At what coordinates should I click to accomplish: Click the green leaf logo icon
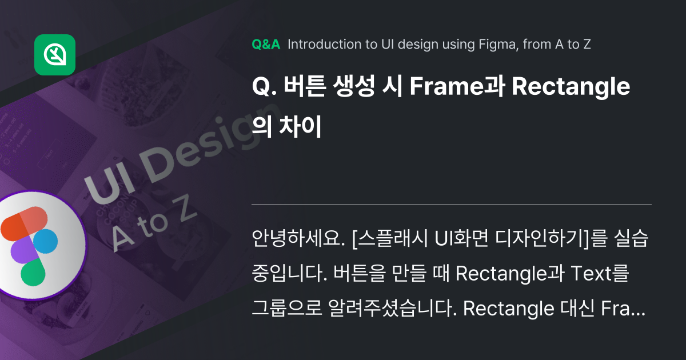click(55, 55)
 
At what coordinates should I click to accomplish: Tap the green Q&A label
click(266, 45)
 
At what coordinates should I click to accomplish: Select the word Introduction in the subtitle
click(324, 45)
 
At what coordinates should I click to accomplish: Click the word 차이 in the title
click(302, 127)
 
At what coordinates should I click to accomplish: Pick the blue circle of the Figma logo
click(46, 241)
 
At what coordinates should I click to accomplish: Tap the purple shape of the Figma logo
click(23, 250)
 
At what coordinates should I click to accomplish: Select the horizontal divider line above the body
click(451, 204)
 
